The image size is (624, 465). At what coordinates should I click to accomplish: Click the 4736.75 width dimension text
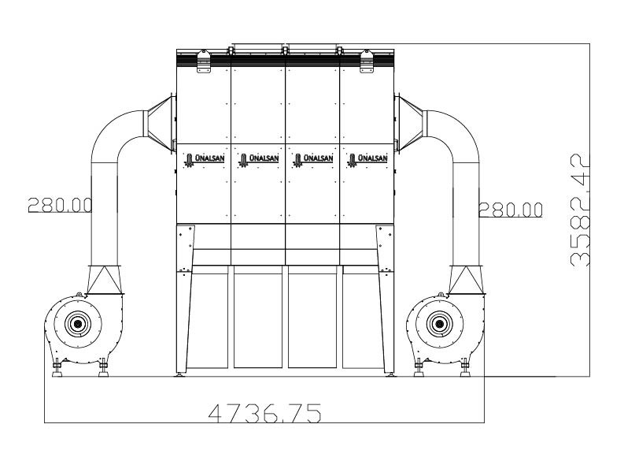(264, 412)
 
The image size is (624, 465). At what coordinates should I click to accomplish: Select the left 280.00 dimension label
(60, 205)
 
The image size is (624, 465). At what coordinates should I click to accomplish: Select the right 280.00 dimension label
(511, 209)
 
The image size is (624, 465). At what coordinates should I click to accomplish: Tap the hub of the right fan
(438, 322)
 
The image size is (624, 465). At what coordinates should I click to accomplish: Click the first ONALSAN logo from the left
(203, 158)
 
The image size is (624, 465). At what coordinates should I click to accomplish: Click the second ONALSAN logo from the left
(258, 158)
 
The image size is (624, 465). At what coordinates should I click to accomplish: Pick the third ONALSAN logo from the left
(312, 158)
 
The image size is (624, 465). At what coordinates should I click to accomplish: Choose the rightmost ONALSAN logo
(367, 158)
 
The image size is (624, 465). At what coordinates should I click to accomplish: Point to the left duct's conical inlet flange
(160, 122)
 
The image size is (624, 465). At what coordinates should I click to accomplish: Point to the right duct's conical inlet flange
(410, 122)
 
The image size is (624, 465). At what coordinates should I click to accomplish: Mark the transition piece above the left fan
(104, 279)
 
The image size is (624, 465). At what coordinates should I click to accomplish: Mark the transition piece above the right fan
(465, 279)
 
